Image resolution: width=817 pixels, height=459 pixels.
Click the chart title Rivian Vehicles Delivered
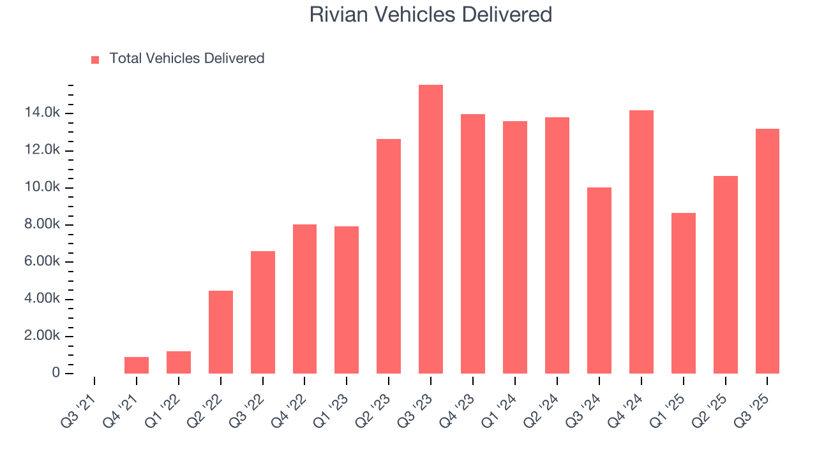431,15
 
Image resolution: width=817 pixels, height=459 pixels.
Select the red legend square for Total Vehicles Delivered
95,59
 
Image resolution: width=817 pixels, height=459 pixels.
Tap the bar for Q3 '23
431,229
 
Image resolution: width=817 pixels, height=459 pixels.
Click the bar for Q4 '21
137,365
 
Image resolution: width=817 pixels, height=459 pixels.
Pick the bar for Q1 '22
179,362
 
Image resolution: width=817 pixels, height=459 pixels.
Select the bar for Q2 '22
221,332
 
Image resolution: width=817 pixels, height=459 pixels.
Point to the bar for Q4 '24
641,242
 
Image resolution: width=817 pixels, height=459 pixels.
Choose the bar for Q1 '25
683,293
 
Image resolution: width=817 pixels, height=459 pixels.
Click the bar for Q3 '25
767,251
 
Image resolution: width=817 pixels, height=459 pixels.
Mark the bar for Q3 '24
599,280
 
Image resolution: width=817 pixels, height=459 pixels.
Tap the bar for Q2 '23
389,256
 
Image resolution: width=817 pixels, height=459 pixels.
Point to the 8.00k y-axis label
43,224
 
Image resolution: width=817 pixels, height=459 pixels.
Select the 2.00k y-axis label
43,336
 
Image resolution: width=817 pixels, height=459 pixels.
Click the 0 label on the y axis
56,373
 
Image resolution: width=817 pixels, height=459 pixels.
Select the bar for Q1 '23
347,300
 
